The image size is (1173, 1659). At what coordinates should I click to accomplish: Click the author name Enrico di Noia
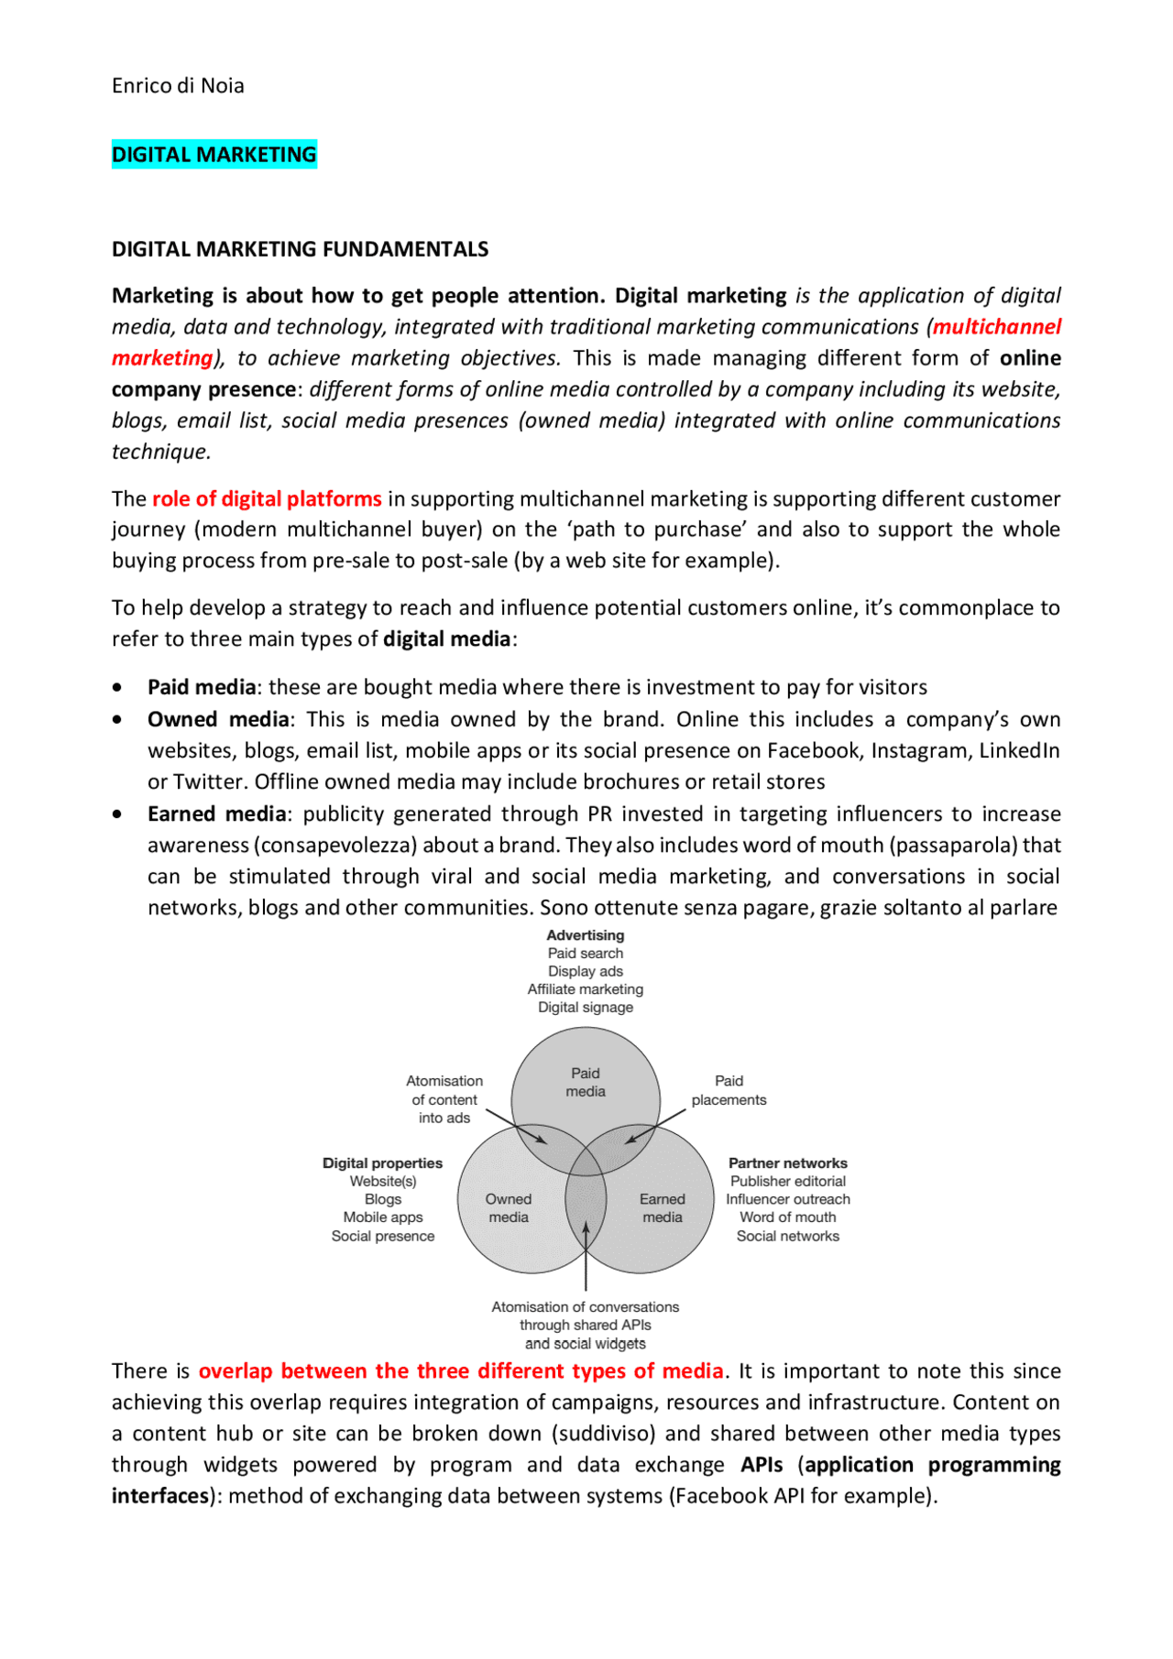pos(178,86)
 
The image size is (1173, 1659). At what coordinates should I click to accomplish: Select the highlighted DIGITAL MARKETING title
pos(214,155)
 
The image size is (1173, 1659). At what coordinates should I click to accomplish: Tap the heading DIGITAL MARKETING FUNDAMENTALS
pos(300,249)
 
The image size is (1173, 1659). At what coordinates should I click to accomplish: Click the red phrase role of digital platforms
pos(267,499)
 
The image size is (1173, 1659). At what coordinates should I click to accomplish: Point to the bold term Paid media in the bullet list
pos(202,687)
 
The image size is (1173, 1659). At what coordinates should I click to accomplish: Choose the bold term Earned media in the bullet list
pos(217,814)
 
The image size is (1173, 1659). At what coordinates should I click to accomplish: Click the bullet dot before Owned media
pos(117,720)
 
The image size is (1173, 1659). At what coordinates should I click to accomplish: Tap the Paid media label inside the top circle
pos(586,1082)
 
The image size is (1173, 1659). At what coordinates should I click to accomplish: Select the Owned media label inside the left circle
pos(509,1208)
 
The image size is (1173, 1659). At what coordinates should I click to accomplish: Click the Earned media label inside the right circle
pos(662,1208)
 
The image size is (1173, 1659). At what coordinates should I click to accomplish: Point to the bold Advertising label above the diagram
pos(586,935)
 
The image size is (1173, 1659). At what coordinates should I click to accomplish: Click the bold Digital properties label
pos(382,1163)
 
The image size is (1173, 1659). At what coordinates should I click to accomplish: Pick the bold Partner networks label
pos(788,1163)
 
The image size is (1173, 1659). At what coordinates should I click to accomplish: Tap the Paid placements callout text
pos(729,1090)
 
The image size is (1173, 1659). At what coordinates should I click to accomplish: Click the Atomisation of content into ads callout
pos(444,1099)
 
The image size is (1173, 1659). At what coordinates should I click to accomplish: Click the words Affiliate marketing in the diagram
pos(586,989)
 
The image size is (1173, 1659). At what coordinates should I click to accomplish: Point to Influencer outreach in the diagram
pos(788,1199)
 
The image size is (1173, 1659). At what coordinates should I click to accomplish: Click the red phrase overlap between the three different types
pos(461,1371)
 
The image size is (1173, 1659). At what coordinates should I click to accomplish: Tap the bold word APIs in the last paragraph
pos(762,1465)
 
